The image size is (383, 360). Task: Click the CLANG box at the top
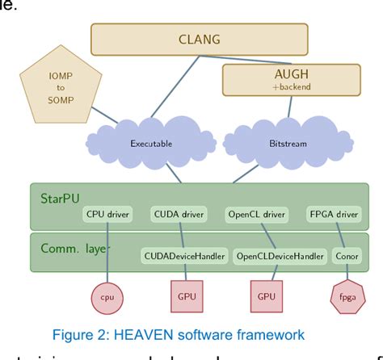199,39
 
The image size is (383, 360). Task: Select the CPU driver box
107,215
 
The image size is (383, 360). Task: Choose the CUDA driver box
178,215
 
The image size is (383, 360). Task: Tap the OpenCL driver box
255,215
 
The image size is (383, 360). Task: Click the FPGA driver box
333,215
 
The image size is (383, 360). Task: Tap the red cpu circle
107,296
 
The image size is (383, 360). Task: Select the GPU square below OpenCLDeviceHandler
266,296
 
